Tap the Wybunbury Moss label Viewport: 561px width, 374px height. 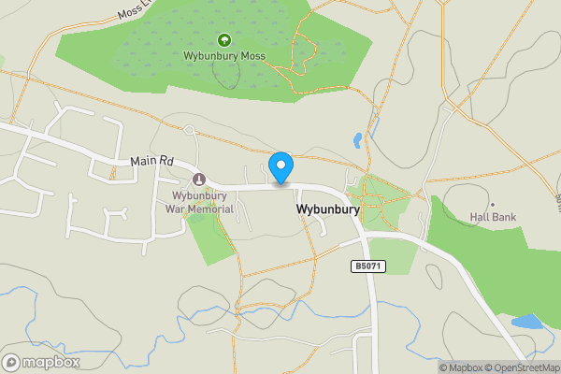(224, 56)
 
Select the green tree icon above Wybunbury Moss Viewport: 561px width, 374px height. (223, 40)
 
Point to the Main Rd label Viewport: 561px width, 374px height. (152, 161)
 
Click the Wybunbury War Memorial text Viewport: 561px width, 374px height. (198, 201)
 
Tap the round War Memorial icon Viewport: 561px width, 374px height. (198, 179)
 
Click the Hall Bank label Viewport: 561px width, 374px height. (493, 216)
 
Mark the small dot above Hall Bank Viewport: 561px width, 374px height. (493, 204)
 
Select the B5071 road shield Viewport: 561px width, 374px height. (366, 266)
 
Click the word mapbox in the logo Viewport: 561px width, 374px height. (51, 362)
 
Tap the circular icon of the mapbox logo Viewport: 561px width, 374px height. (11, 362)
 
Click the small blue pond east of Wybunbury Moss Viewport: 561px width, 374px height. (357, 141)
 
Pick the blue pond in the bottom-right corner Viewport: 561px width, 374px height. (525, 323)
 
